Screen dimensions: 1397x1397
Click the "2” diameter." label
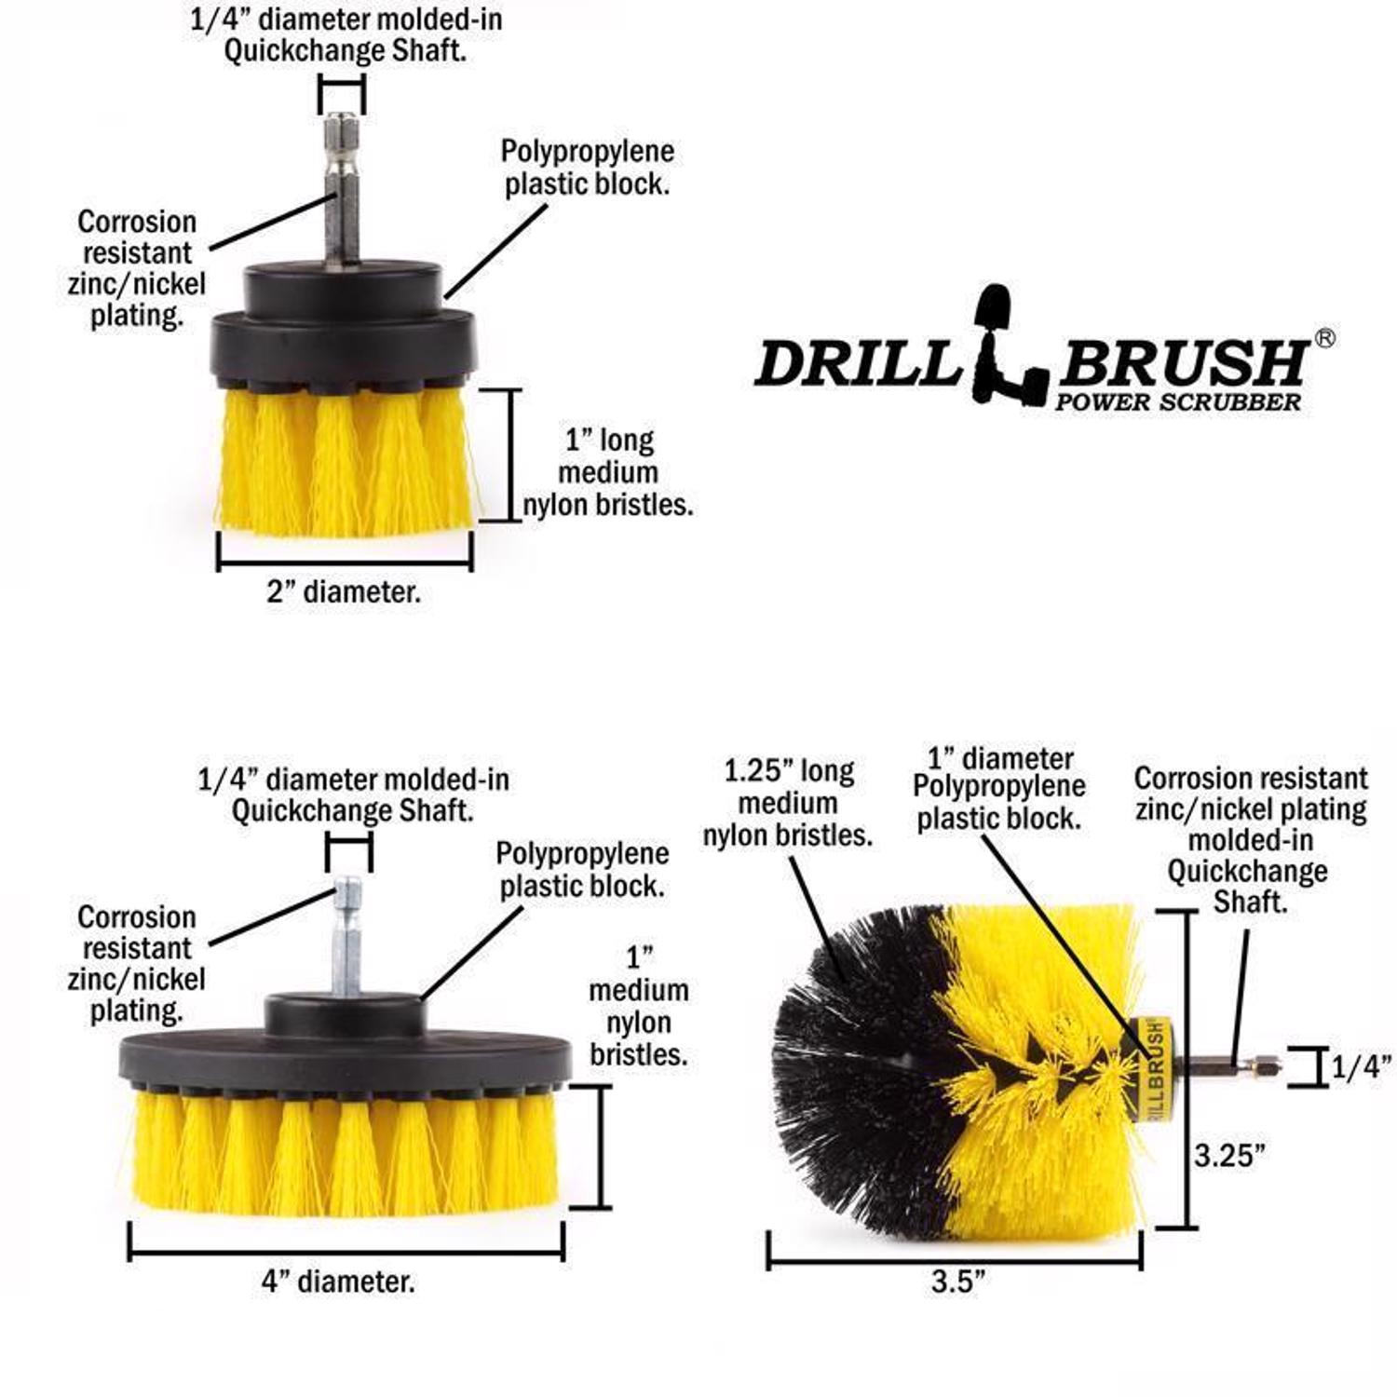344,592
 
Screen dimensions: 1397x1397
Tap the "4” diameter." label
338,1282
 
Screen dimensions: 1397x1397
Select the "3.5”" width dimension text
958,1282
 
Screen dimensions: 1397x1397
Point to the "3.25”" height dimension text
1230,1156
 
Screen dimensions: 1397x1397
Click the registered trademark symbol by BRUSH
1323,338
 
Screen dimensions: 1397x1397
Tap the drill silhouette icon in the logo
1008,349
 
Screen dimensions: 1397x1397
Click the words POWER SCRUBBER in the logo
1177,402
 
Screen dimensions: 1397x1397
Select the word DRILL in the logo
857,363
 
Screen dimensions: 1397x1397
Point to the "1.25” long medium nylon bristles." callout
788,803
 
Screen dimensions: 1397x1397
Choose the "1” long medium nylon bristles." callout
609,472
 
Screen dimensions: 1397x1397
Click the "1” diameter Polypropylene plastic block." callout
998,788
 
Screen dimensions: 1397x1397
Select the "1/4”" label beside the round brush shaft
1361,1067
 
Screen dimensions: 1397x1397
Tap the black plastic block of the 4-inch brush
345,1052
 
